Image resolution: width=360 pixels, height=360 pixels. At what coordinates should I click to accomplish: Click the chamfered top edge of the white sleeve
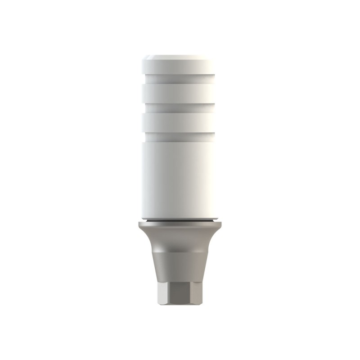click(180, 58)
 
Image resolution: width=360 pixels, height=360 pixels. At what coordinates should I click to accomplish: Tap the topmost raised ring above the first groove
click(180, 71)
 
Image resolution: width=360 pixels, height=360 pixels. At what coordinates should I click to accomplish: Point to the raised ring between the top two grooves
click(180, 94)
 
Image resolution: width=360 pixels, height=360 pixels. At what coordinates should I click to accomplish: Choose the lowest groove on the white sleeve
click(180, 137)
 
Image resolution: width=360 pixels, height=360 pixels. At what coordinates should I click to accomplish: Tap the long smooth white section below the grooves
click(180, 180)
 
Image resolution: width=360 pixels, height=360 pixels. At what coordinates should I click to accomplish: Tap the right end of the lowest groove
click(217, 137)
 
